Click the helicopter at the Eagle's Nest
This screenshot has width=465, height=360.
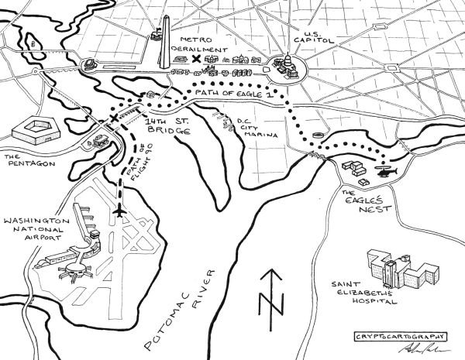(385, 170)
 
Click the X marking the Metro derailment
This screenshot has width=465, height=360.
(196, 59)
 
